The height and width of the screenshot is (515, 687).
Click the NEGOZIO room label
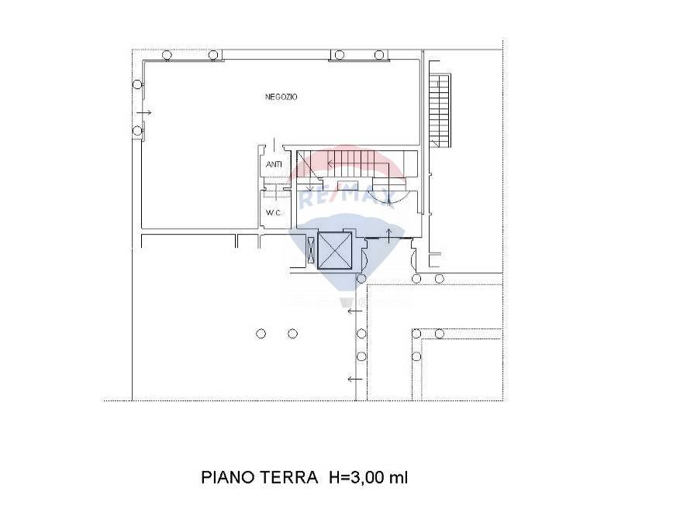[281, 97]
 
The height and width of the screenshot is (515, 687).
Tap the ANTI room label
[273, 164]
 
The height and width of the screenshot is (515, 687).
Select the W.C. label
[273, 212]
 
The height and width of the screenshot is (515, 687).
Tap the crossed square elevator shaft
[335, 251]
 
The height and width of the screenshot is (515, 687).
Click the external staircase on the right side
[440, 110]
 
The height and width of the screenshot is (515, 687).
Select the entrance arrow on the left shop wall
[146, 112]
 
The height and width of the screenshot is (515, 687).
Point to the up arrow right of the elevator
[388, 233]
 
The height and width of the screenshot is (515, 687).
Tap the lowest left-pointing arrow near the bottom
[354, 379]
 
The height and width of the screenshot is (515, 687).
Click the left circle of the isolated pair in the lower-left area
[261, 334]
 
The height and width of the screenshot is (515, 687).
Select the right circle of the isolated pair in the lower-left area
[292, 334]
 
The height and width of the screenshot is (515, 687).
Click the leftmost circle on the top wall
[167, 55]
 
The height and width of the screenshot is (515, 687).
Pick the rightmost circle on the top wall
[379, 55]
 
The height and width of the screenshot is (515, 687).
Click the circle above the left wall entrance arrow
[137, 84]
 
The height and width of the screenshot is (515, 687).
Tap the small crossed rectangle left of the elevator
[312, 252]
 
